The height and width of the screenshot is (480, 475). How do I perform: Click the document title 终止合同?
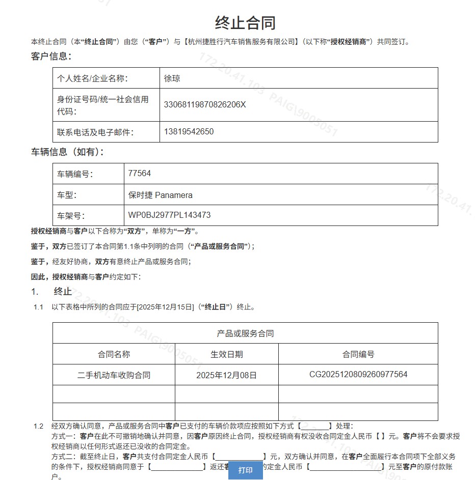tap(245, 23)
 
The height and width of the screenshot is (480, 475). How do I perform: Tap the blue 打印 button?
tap(245, 470)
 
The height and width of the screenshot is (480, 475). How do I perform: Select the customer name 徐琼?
tap(172, 78)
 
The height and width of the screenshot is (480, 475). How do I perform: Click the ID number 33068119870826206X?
tap(204, 105)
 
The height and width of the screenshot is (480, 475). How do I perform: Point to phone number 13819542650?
tap(189, 132)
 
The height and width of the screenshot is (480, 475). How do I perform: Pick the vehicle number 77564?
tap(140, 174)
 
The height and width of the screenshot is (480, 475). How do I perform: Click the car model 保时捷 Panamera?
tap(160, 195)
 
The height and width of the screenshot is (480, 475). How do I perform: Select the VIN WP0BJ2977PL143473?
tap(169, 215)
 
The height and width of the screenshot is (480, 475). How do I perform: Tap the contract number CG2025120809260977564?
tap(358, 375)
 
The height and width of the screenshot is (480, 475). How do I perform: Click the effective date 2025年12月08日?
tap(227, 376)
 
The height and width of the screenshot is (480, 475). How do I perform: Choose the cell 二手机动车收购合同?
tap(114, 376)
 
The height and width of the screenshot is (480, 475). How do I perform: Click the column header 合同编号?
tap(358, 354)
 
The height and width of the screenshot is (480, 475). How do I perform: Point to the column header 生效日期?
tap(227, 354)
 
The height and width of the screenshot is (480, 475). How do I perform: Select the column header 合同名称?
tap(114, 354)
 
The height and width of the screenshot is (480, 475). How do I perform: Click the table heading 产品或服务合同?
tap(245, 333)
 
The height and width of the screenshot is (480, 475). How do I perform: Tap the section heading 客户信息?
tap(51, 57)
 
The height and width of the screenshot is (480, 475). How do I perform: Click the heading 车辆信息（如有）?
tap(67, 152)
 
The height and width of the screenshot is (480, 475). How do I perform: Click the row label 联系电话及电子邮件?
tap(95, 132)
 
